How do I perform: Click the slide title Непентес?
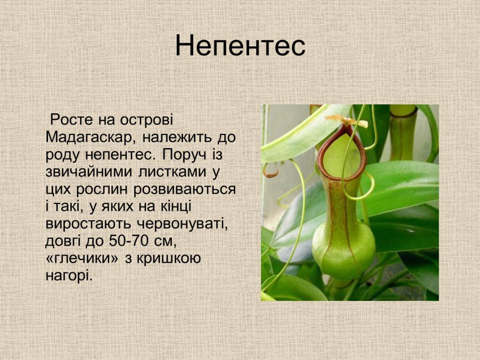coord(240,45)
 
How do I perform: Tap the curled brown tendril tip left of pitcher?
coord(270,171)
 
